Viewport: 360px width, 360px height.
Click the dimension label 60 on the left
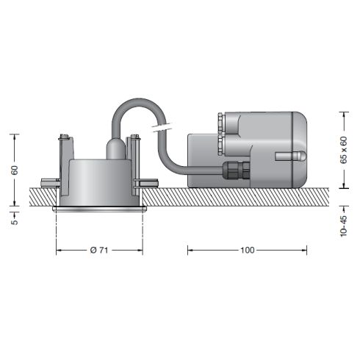[x=15, y=170]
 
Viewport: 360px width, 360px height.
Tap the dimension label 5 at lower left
[x=15, y=221]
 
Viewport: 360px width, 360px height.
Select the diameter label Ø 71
[x=99, y=250]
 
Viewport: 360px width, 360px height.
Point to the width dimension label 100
[x=248, y=250]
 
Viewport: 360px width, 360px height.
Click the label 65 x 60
[x=344, y=150]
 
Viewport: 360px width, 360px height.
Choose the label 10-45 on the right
[x=344, y=226]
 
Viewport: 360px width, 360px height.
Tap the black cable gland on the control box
[x=236, y=170]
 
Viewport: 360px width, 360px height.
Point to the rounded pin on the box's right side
[x=291, y=156]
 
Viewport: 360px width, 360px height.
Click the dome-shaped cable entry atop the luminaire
[x=115, y=148]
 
